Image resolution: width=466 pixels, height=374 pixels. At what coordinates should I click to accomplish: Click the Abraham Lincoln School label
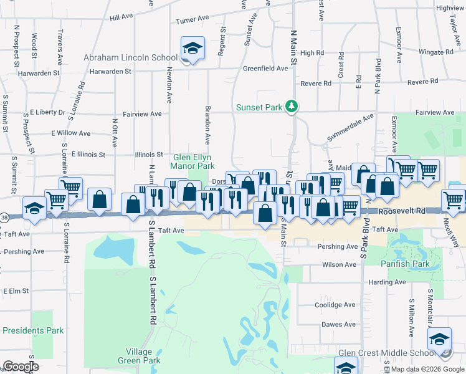(131, 58)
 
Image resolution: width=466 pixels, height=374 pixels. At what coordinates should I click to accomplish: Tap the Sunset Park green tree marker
(291, 107)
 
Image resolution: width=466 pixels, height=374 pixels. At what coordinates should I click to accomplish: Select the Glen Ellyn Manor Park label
(193, 161)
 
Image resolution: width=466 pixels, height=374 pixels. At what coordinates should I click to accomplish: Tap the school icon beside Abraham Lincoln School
(193, 48)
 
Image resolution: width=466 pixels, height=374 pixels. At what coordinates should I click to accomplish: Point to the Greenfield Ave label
(265, 69)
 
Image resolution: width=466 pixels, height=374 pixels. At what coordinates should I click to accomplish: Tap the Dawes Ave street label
(338, 324)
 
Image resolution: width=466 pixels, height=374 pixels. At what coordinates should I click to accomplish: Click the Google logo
(21, 367)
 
